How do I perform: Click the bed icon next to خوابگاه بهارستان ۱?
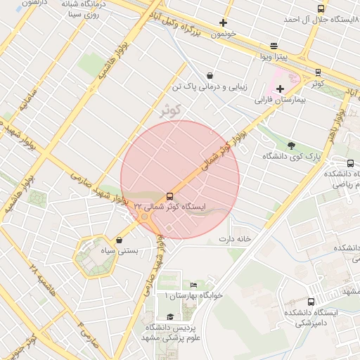[193, 285]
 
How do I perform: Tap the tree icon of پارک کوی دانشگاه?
[291, 146]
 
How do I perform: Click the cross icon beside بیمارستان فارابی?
[280, 89]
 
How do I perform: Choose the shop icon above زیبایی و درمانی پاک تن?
[210, 76]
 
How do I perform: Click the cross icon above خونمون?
[223, 22]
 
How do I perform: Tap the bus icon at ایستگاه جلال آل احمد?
[321, 9]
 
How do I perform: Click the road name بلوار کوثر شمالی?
[221, 152]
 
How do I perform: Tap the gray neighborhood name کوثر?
[171, 110]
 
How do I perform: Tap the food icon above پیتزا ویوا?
[274, 45]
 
